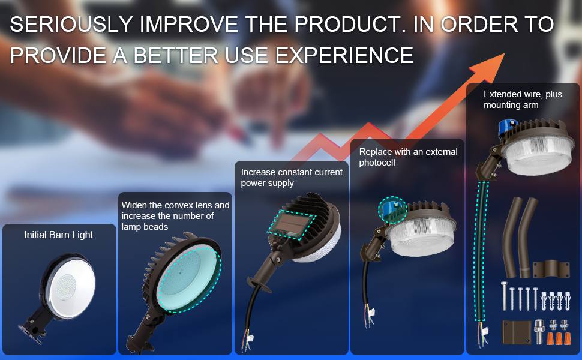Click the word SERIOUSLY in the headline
coord(71,25)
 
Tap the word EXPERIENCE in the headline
coord(344,56)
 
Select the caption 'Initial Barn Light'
coord(59,235)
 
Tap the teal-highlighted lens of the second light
coord(188,278)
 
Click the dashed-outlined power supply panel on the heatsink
coord(292,225)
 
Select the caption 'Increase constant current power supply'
coord(292,178)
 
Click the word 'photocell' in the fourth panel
coord(377,163)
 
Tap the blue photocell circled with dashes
coord(392,210)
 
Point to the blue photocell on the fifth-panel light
coord(508,128)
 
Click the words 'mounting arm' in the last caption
coord(511,106)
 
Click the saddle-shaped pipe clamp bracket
coord(551,269)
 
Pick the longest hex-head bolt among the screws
coord(504,296)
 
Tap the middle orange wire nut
coord(559,338)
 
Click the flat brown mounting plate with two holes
coord(517,332)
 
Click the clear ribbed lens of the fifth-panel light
coord(539,155)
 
